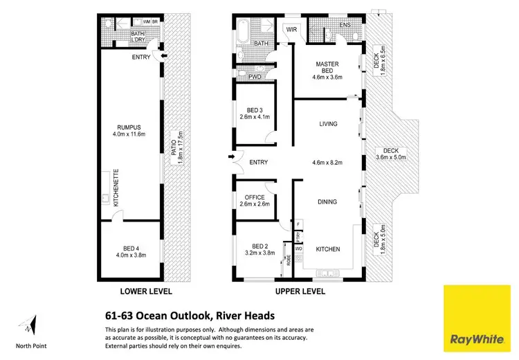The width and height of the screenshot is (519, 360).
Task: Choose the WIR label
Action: (291, 30)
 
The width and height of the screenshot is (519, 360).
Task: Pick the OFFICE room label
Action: (255, 200)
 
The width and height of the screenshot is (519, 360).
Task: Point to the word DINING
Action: (327, 202)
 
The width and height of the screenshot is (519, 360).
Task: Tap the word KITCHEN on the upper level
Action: (327, 249)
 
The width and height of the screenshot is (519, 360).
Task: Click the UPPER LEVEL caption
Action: (300, 291)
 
